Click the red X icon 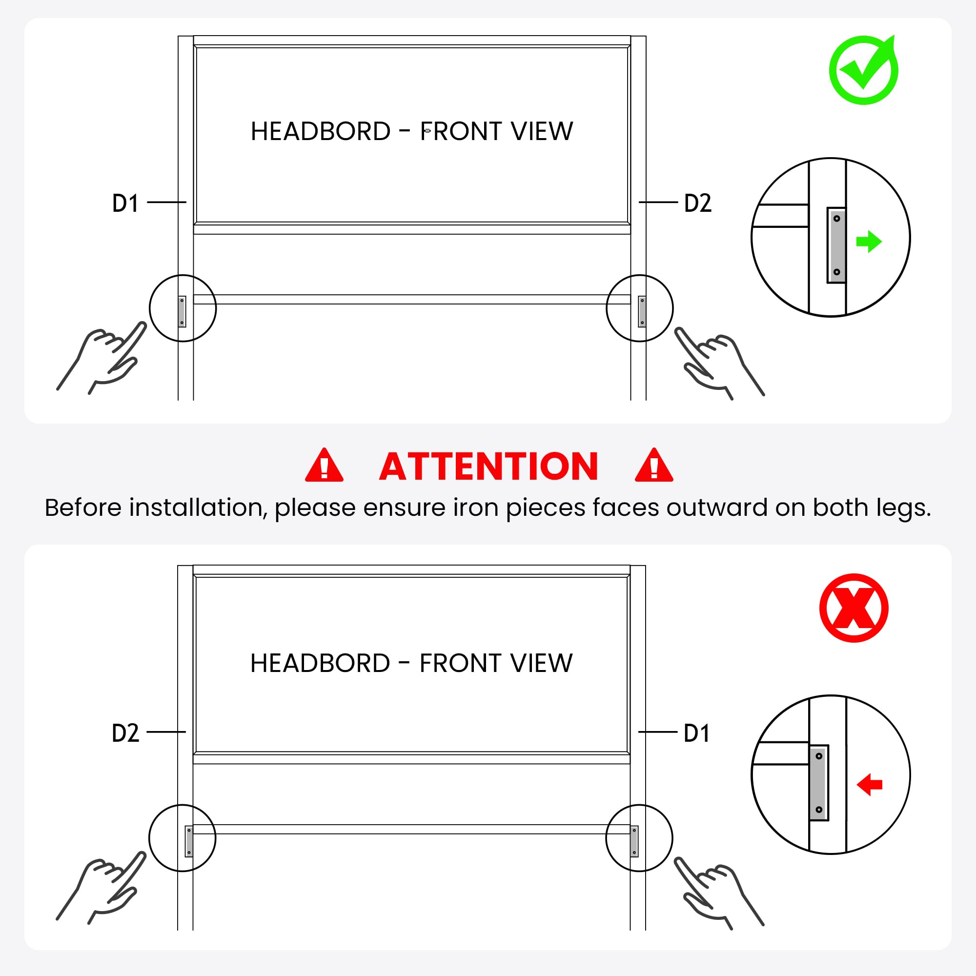pyautogui.click(x=854, y=608)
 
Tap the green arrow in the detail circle pyautogui.click(x=869, y=242)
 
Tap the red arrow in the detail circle pyautogui.click(x=870, y=785)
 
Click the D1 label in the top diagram pyautogui.click(x=125, y=203)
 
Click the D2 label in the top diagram pyautogui.click(x=698, y=203)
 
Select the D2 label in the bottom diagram pyautogui.click(x=125, y=733)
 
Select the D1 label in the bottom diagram pyautogui.click(x=697, y=733)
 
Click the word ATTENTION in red pyautogui.click(x=488, y=466)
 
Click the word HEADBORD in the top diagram pyautogui.click(x=321, y=131)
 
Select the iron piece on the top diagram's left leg pyautogui.click(x=182, y=312)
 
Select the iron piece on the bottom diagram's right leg pyautogui.click(x=634, y=841)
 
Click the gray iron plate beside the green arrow pyautogui.click(x=836, y=245)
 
